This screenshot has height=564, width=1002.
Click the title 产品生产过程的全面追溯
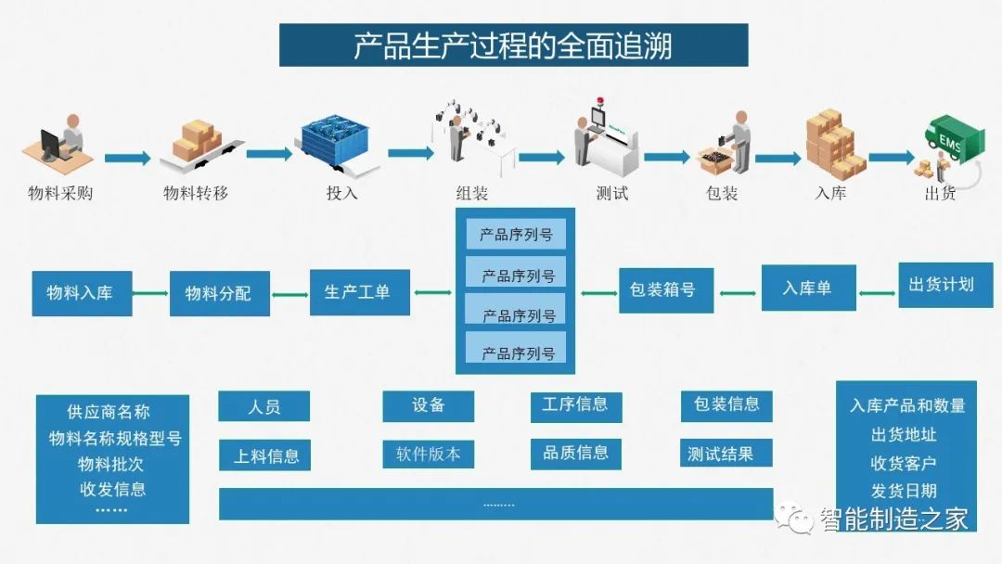coord(513,46)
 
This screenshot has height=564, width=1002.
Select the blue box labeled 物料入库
coord(82,293)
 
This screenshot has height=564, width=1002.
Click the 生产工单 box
coord(360,292)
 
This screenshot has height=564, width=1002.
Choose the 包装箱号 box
coord(666,290)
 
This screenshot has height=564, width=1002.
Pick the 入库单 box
coord(808,288)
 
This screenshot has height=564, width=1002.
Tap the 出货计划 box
coord(945,285)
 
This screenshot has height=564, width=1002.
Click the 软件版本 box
coord(428,455)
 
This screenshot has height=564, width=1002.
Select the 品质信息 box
coord(576,454)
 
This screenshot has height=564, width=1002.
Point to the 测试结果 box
coord(726,454)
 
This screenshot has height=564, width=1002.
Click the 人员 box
coord(263,406)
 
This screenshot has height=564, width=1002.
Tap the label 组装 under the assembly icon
coord(472,193)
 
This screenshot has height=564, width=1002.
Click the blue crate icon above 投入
coord(336,143)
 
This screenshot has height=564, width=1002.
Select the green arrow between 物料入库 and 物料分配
coord(150,294)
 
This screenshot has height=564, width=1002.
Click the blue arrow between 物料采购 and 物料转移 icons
coord(128,158)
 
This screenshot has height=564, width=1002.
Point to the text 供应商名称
coord(109,412)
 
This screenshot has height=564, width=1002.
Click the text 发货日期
coord(904,491)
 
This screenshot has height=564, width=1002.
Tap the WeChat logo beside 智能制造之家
coord(793,518)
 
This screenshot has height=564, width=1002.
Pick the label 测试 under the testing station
coord(612,193)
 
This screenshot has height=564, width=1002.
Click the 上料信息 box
coord(264,455)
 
